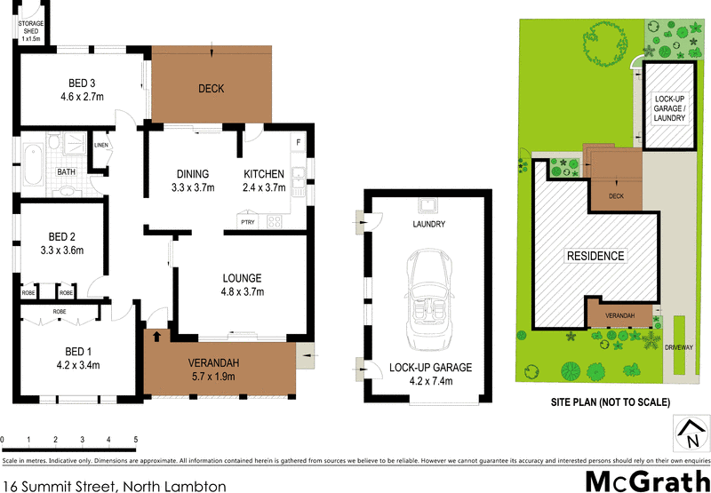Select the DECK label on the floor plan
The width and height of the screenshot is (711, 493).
[x=211, y=88]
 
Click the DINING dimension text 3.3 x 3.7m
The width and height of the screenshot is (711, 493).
[x=192, y=187]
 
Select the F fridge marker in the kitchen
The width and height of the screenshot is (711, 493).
[x=298, y=143]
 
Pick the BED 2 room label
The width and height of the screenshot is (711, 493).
[x=60, y=236]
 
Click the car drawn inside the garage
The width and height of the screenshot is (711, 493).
[x=427, y=300]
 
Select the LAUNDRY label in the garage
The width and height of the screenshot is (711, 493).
[x=428, y=225]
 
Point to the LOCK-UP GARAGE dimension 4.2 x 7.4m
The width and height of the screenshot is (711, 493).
[x=429, y=381]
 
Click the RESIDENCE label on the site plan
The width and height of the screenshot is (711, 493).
[x=595, y=256]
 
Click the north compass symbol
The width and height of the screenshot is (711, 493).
[x=691, y=436]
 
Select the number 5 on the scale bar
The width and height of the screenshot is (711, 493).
[x=135, y=440]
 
